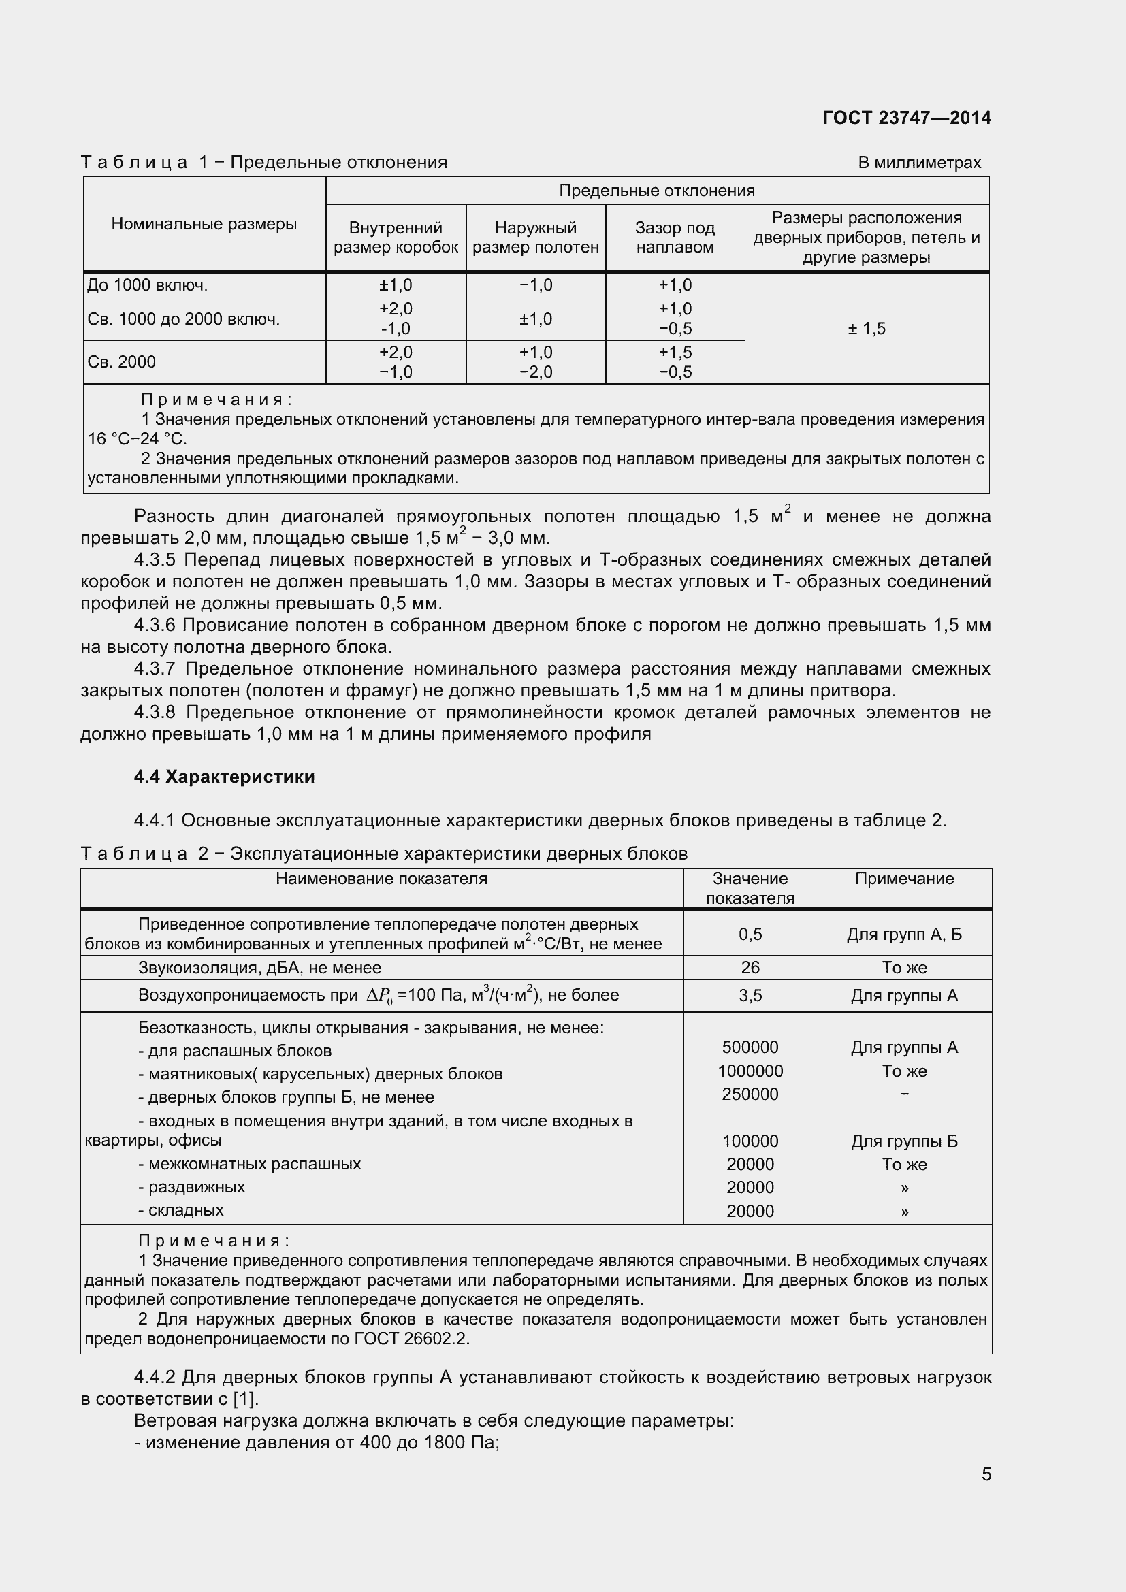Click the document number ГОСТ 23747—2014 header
[x=906, y=118]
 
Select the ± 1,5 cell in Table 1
[x=866, y=329]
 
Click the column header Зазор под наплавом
[x=675, y=238]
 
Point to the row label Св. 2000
[x=121, y=362]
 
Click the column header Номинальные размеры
[x=204, y=224]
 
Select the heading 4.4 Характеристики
[x=224, y=777]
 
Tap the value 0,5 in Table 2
[x=750, y=934]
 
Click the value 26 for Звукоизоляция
[x=750, y=967]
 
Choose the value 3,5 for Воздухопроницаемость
[x=750, y=996]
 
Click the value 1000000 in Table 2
[x=750, y=1071]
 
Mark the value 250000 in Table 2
[x=750, y=1094]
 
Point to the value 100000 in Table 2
[x=750, y=1141]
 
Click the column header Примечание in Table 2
[x=903, y=879]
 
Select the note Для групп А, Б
[x=903, y=935]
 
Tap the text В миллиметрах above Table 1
[x=918, y=163]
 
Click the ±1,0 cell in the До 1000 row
[x=396, y=285]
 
